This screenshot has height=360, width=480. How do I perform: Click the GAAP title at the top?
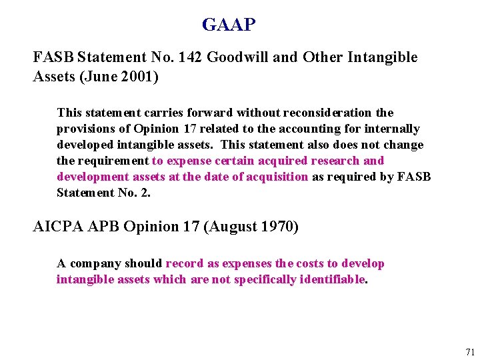pyautogui.click(x=229, y=25)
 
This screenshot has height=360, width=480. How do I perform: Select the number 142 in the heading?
pyautogui.click(x=190, y=57)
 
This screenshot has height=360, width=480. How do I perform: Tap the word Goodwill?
pyautogui.click(x=238, y=57)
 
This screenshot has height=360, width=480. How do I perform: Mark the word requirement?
pyautogui.click(x=112, y=161)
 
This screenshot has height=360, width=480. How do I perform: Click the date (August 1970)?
pyautogui.click(x=251, y=227)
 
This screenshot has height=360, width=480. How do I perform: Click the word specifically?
pyautogui.click(x=259, y=279)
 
